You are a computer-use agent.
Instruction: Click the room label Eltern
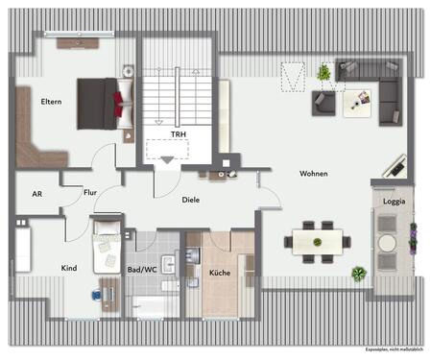click(x=51, y=101)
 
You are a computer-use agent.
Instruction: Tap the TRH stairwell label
click(x=178, y=135)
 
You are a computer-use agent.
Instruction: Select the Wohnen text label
click(x=313, y=174)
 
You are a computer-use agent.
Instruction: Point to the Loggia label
click(x=394, y=202)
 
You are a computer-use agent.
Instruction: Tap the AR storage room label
click(x=37, y=193)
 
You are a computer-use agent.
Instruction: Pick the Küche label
click(x=219, y=273)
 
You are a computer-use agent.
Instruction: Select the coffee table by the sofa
click(x=360, y=97)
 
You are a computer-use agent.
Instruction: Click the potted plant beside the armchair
click(x=323, y=72)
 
